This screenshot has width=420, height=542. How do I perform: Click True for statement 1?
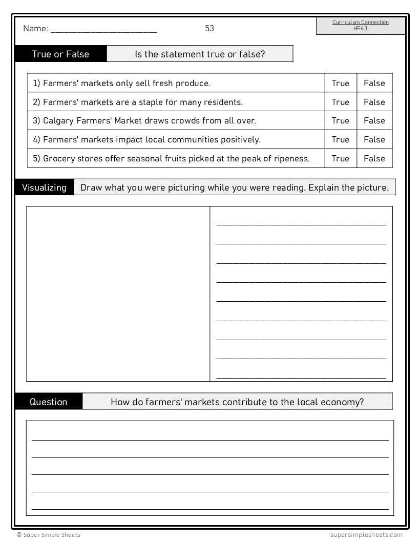pyautogui.click(x=340, y=83)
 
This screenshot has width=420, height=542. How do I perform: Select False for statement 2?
pyautogui.click(x=374, y=102)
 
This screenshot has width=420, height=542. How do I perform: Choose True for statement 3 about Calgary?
pyautogui.click(x=340, y=120)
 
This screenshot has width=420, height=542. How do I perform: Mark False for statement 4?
pyautogui.click(x=374, y=139)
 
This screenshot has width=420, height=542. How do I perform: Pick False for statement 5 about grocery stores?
pyautogui.click(x=374, y=158)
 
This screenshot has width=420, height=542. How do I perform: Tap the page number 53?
pyautogui.click(x=209, y=28)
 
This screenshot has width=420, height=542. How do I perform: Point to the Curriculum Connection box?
pyautogui.click(x=361, y=26)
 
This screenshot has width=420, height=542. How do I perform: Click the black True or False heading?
pyautogui.click(x=60, y=54)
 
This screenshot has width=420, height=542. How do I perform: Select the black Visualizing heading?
pyautogui.click(x=45, y=187)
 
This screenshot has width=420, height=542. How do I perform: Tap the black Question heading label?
pyautogui.click(x=49, y=402)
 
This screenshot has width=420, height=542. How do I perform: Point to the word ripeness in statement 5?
pyautogui.click(x=291, y=158)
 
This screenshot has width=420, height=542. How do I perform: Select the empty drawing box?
pyautogui.click(x=118, y=294)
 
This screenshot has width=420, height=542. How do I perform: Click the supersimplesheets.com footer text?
pyautogui.click(x=366, y=535)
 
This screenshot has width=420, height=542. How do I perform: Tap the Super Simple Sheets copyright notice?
pyautogui.click(x=48, y=535)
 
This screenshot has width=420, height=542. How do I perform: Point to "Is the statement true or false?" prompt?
pyautogui.click(x=200, y=54)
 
